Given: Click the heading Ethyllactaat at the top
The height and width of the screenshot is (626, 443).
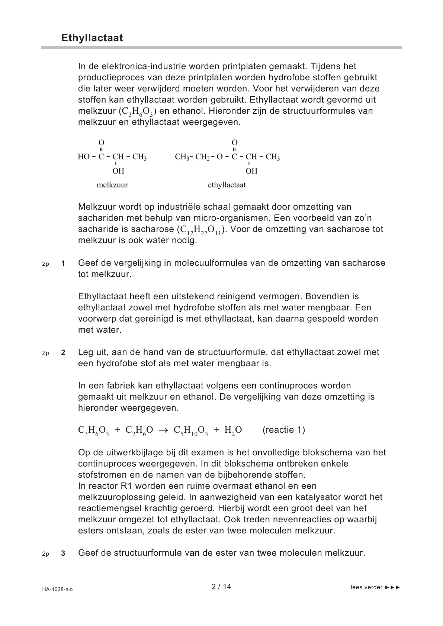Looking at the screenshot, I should (92, 38).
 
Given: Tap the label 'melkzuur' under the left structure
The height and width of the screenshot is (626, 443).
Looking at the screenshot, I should (112, 185).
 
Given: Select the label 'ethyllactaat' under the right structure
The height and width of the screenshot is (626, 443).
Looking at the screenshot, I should (227, 185).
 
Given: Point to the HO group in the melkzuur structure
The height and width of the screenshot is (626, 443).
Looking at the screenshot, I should (84, 157).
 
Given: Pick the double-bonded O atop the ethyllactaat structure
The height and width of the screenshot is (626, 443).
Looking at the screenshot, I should (234, 143).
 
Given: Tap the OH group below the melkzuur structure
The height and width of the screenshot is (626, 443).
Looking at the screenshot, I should (118, 171).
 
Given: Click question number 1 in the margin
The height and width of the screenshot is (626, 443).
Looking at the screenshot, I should (63, 264).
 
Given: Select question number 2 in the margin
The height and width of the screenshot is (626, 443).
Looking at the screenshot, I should (63, 353).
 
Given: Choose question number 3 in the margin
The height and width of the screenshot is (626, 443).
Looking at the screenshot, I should (63, 554).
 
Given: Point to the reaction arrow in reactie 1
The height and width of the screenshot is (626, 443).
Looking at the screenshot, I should (163, 430).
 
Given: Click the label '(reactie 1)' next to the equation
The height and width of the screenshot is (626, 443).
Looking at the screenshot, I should (284, 430).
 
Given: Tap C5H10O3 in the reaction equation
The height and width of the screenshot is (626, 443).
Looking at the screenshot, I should (191, 430).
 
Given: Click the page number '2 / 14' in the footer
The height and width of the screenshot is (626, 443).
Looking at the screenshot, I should (221, 587).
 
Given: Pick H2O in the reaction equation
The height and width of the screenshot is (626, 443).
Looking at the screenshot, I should (233, 430).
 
